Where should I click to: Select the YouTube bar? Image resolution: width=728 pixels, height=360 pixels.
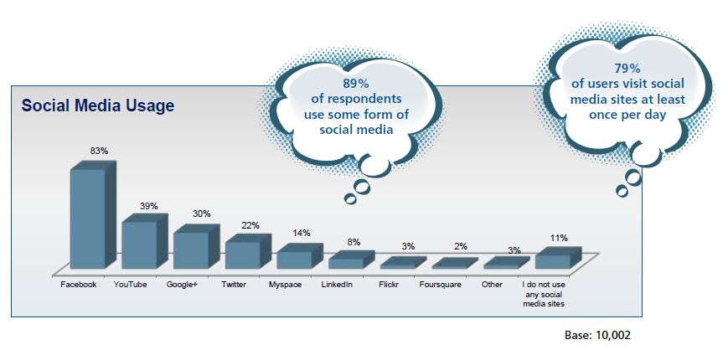coord(144,241)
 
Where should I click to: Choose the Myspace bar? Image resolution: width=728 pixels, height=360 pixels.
coord(299,256)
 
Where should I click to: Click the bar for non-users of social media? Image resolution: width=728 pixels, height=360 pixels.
coord(558,258)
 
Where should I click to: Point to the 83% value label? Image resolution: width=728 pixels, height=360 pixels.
coord(100,151)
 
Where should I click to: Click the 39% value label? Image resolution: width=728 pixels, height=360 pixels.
coord(149,206)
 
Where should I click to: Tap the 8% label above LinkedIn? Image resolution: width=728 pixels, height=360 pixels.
coord(354,242)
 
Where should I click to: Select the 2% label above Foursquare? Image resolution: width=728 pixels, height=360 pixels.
coord(461,246)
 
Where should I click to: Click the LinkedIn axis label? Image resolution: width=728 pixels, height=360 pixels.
coord(337,285)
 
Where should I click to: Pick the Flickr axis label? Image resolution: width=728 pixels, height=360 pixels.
coord(389,285)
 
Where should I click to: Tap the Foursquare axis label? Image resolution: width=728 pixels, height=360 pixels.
coord(440,285)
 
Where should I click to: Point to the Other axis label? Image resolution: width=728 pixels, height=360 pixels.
coord(492,285)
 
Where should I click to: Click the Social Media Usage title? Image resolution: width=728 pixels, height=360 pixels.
coord(98,105)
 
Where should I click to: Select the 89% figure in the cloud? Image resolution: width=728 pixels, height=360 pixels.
coord(356,84)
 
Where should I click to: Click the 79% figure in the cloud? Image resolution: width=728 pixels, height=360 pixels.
coord(627,69)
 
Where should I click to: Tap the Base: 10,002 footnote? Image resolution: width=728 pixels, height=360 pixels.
coord(597,335)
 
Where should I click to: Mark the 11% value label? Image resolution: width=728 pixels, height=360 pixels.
coord(559,238)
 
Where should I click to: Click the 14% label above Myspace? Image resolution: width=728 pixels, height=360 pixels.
coord(302,233)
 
